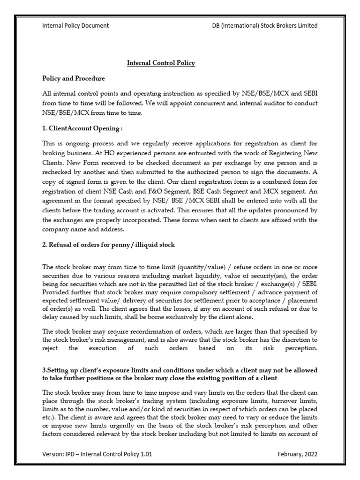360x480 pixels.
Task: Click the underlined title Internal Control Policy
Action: pos(161,62)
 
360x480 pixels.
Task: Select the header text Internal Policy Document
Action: pos(75,25)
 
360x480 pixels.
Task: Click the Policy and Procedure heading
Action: pos(74,78)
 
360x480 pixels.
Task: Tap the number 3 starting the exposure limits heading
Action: pos(44,369)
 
